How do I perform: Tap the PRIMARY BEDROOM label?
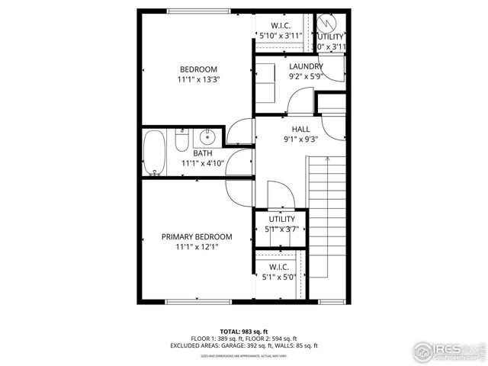(x=197, y=237)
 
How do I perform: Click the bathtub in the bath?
(x=154, y=153)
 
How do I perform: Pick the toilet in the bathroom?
(x=181, y=142)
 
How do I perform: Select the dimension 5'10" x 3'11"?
(x=281, y=35)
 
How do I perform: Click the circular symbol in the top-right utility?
(x=329, y=22)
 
